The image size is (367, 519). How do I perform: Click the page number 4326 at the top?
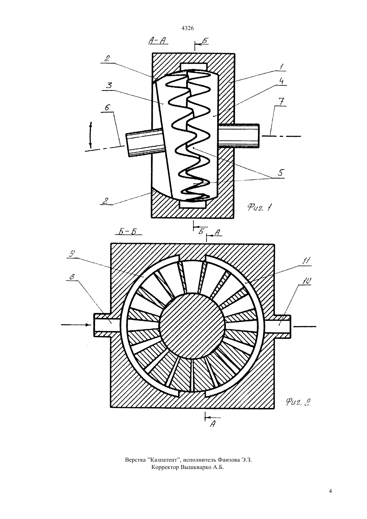click(x=188, y=28)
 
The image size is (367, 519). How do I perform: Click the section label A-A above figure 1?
click(x=157, y=41)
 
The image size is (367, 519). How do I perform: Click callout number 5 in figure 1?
click(x=281, y=173)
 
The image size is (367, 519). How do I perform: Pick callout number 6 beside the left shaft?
click(x=108, y=108)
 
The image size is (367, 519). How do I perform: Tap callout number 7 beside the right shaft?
click(x=280, y=102)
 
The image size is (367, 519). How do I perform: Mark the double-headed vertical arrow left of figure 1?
click(x=91, y=135)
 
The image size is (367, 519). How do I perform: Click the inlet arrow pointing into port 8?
click(x=76, y=325)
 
